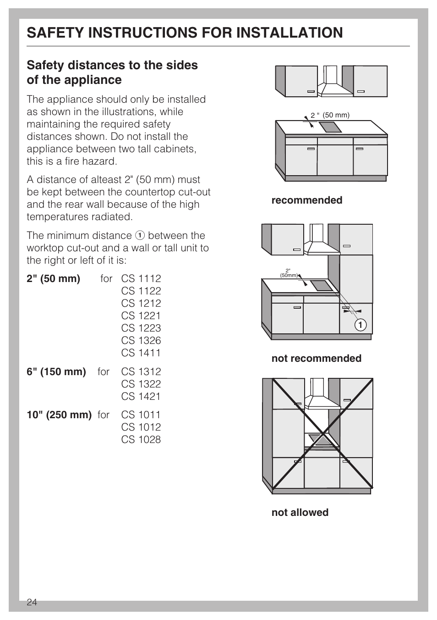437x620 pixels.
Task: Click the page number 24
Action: (32, 602)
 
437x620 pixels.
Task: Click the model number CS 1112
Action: (141, 279)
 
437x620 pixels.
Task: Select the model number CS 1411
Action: (141, 353)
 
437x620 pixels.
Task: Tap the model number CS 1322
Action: (141, 384)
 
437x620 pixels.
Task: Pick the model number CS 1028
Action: (141, 440)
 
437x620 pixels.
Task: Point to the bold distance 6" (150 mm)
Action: (56, 372)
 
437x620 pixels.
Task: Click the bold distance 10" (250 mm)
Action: (59, 415)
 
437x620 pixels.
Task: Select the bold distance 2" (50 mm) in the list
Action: (53, 279)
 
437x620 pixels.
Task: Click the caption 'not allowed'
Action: (300, 513)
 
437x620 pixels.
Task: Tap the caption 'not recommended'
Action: (316, 359)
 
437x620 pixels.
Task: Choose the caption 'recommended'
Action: (306, 200)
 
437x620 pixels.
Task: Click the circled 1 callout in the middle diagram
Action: (360, 325)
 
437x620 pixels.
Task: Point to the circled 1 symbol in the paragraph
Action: (140, 236)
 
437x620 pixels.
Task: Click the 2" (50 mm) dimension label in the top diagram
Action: (330, 116)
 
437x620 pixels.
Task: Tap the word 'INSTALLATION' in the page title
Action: (280, 33)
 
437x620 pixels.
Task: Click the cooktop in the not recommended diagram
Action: (322, 286)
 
